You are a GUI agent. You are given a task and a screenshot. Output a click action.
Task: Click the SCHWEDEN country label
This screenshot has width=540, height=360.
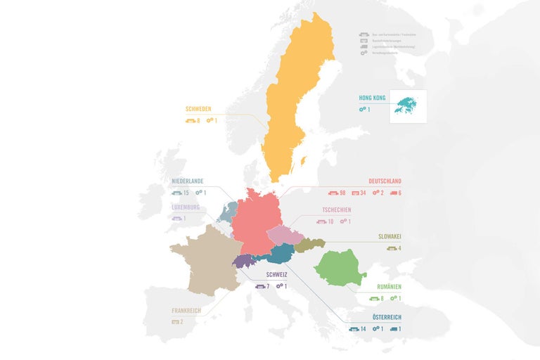click(x=198, y=109)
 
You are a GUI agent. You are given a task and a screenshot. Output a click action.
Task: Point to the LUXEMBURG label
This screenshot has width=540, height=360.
click(x=186, y=207)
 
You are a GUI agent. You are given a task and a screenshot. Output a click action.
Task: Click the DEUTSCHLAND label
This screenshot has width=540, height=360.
click(x=385, y=181)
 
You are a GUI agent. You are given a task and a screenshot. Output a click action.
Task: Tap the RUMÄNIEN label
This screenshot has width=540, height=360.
click(x=388, y=287)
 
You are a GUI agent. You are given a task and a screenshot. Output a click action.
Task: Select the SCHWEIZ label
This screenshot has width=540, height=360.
click(x=277, y=275)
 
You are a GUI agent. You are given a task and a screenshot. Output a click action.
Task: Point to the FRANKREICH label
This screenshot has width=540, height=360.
click(x=187, y=310)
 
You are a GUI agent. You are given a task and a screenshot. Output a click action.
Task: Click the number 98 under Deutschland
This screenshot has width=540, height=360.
click(x=343, y=193)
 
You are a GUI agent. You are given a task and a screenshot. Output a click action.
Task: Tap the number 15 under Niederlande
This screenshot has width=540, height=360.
click(x=186, y=193)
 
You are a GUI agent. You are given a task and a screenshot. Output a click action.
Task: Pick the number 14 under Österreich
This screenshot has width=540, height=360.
click(x=363, y=329)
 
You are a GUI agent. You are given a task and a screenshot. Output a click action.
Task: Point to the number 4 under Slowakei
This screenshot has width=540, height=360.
click(x=399, y=247)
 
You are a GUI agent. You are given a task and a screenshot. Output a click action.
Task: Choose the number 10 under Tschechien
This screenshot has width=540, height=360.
click(x=330, y=222)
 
